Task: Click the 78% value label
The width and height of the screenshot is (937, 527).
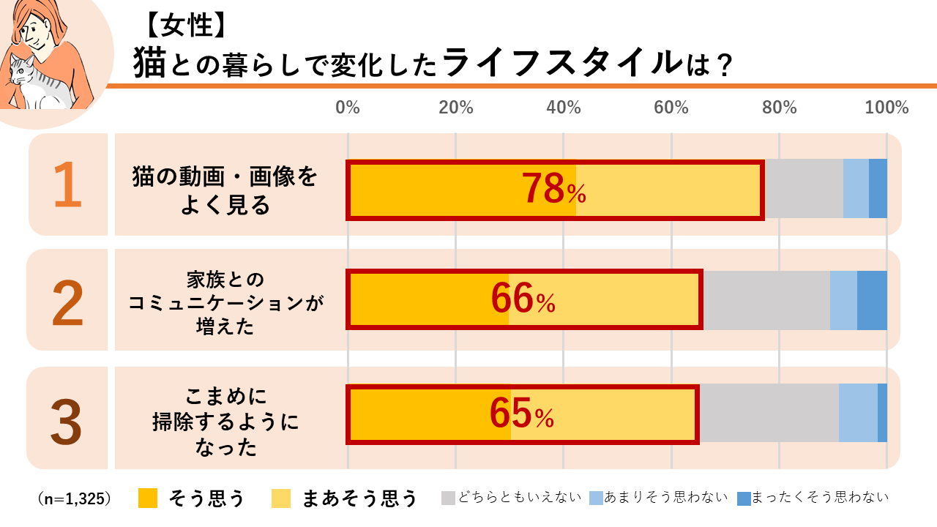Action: click(553, 190)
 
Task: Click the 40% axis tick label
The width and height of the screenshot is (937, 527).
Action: click(563, 108)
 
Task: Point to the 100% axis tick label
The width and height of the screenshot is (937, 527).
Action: click(886, 108)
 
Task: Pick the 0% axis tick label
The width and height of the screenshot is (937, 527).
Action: click(348, 108)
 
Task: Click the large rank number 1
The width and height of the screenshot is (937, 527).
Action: click(67, 185)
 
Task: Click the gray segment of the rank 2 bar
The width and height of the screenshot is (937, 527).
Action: click(766, 300)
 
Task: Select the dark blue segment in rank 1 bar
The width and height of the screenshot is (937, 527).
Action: click(878, 188)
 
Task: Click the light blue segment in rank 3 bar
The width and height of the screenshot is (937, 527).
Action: click(858, 413)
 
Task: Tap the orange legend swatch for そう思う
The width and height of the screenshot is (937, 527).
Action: click(148, 498)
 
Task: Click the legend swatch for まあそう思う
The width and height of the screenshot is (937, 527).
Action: click(281, 498)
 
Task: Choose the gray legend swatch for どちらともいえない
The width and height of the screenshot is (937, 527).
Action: click(448, 498)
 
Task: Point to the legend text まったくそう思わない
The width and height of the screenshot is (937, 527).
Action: click(820, 498)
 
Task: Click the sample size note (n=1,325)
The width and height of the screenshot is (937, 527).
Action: click(74, 498)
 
